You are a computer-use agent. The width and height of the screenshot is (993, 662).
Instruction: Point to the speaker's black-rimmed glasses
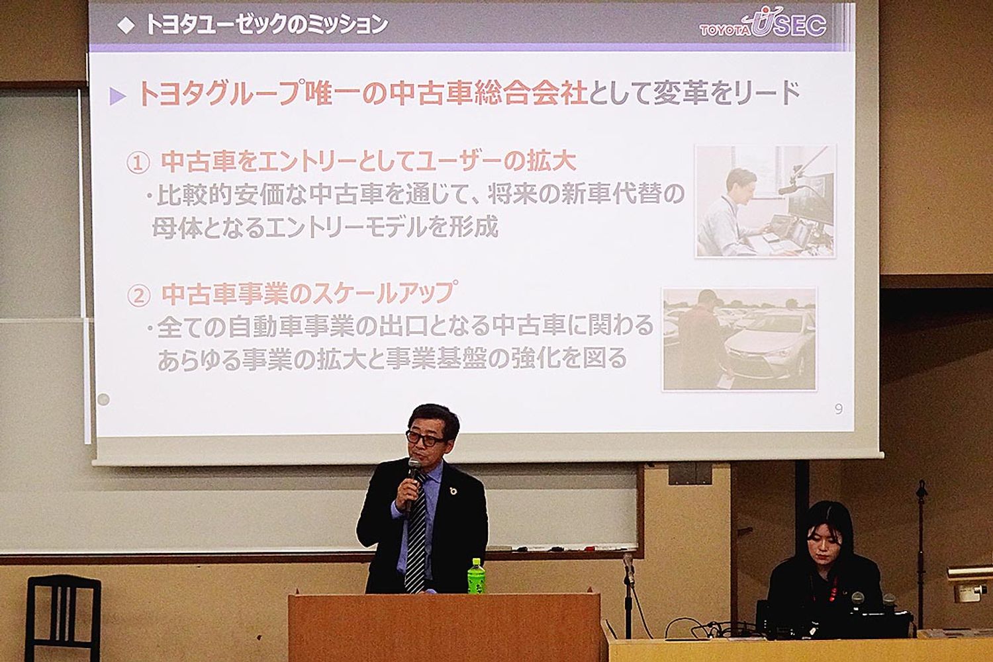[x=425, y=438]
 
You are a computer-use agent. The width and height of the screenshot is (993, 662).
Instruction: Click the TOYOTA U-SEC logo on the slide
[x=763, y=24]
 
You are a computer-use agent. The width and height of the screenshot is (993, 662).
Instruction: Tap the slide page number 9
[x=838, y=409]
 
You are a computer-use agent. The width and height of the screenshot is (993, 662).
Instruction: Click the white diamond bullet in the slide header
[x=126, y=26]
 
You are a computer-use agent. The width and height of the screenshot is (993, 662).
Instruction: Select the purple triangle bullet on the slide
[x=117, y=96]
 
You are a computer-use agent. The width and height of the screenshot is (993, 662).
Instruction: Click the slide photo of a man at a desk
[x=765, y=201]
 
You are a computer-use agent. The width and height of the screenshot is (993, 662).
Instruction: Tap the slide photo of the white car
[x=739, y=340]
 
